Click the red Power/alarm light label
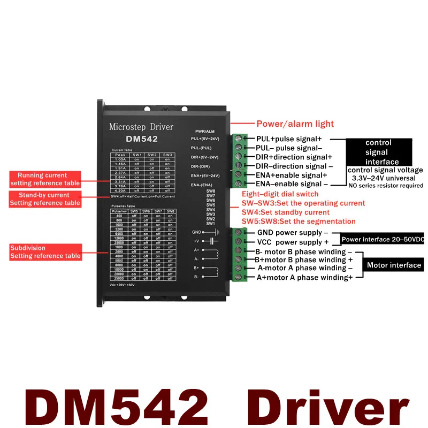(295, 124)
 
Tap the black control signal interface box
(378, 152)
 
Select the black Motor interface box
(394, 265)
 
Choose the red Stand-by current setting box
(44, 199)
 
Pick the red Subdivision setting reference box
(44, 252)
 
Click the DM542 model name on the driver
(141, 138)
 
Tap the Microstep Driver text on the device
(141, 127)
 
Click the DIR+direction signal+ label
(294, 157)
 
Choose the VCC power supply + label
(293, 242)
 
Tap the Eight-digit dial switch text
(280, 194)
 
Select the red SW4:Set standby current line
(286, 212)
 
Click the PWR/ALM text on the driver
(204, 131)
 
